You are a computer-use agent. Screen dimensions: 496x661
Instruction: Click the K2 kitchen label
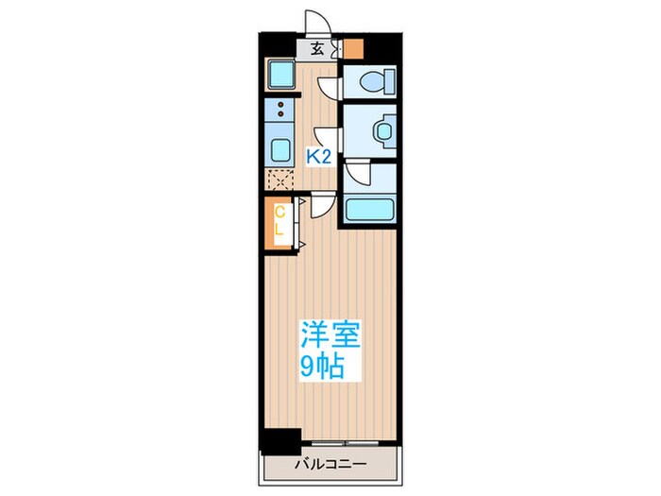[x=318, y=158]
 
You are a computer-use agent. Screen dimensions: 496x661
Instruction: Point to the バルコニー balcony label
[x=329, y=464]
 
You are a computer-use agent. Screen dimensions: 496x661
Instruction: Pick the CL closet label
[x=280, y=224]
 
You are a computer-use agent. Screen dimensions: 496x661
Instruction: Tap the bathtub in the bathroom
[x=369, y=210]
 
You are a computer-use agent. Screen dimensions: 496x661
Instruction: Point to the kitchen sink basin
[x=280, y=148]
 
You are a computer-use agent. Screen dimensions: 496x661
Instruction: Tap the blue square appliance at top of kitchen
[x=280, y=73]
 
